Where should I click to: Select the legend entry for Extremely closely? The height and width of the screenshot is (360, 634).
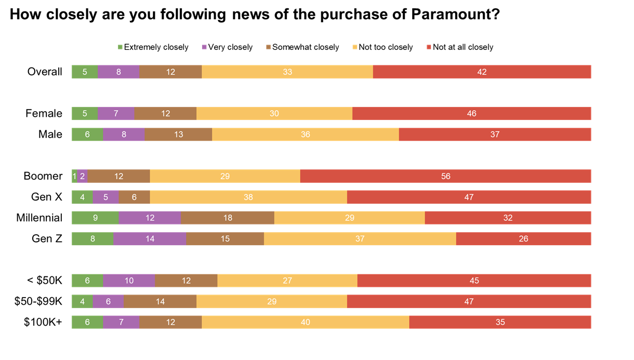pos(153,47)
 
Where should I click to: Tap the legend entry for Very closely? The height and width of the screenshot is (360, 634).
pos(228,47)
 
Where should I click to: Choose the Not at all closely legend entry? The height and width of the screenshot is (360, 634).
pos(460,47)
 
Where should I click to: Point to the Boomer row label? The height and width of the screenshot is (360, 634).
pos(43,176)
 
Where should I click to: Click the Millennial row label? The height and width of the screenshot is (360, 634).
pos(39,218)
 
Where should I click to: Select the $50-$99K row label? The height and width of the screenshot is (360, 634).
pos(38,301)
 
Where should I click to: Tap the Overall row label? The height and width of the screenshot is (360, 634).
pos(45,72)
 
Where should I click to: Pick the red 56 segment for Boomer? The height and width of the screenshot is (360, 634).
pos(445,176)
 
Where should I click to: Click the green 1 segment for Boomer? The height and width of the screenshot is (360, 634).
pos(74,176)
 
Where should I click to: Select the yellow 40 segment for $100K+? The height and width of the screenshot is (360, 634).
pos(305,322)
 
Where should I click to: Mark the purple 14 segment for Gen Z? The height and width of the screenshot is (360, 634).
pos(150,238)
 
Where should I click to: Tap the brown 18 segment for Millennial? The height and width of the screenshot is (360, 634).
pos(227,218)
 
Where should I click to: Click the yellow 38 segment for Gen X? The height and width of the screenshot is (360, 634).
pos(248,197)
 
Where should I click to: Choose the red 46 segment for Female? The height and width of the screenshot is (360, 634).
pos(471,113)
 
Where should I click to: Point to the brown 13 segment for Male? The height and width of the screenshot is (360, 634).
pos(178,134)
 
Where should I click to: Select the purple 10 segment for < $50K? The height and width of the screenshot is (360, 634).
pos(129,281)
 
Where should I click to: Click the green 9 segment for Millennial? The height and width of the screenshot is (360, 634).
pos(95,218)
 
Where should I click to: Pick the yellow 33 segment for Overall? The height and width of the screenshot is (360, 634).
pos(287,72)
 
